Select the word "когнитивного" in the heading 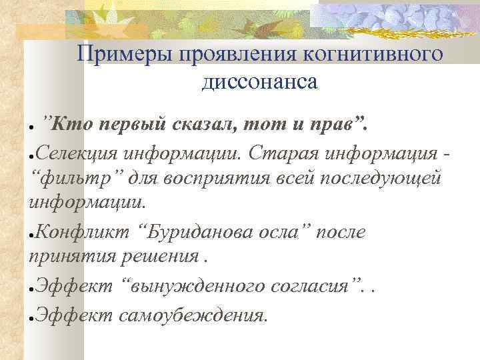click(375, 53)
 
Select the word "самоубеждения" click(191, 313)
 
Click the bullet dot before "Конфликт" click(31, 235)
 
